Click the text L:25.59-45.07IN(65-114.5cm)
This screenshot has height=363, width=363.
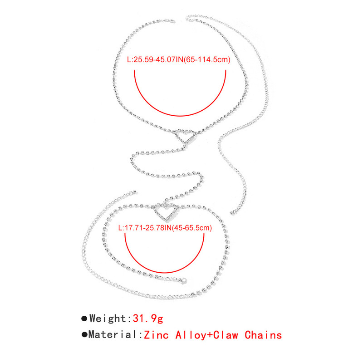[x=178, y=59]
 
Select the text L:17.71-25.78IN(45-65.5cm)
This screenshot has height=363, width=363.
[x=164, y=228]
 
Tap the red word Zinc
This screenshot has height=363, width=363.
[x=157, y=335]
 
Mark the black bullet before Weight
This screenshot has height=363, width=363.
[x=84, y=319]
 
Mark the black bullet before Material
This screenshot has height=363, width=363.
[x=84, y=336]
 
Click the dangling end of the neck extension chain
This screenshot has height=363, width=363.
[x=233, y=212]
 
